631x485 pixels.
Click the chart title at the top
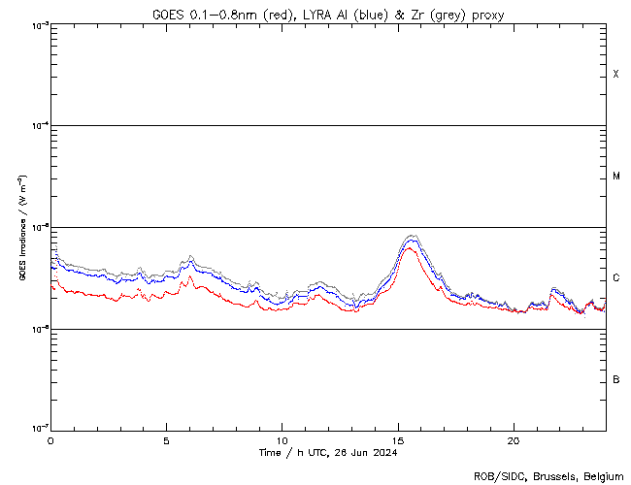point(328,14)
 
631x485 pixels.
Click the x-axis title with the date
point(328,452)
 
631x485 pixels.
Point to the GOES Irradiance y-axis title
point(21,228)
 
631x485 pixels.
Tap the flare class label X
point(616,75)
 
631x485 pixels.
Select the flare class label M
point(616,177)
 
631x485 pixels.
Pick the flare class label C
point(616,278)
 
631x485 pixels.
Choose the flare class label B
point(616,379)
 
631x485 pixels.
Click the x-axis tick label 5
point(166,440)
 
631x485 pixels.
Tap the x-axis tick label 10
point(282,440)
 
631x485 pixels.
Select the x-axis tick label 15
point(398,440)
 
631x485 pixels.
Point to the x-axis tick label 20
point(514,440)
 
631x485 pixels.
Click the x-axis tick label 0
point(50,440)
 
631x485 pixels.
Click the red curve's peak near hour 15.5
point(410,248)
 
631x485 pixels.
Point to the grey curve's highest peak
point(412,235)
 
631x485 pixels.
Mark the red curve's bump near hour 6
point(190,276)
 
